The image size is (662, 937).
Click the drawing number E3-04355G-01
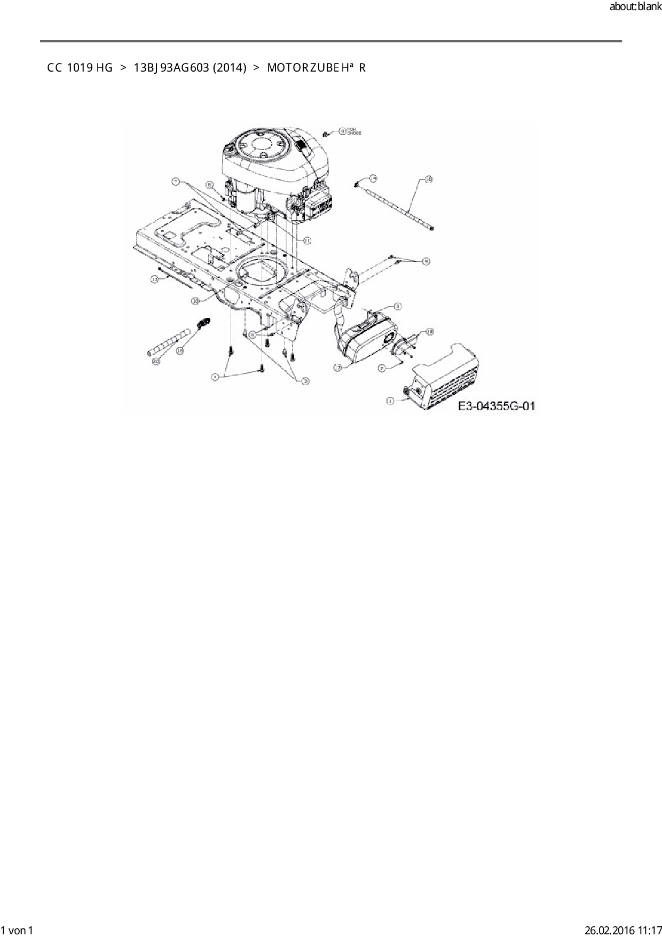496,407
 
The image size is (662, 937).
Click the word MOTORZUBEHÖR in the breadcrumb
316,68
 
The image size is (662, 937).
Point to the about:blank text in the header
635,8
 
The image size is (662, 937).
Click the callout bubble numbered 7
175,182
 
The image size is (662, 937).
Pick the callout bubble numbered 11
308,241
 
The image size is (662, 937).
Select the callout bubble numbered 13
155,279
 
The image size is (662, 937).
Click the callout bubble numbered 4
215,377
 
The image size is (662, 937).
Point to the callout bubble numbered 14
373,178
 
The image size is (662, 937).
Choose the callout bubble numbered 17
337,367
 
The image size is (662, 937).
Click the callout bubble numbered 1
390,400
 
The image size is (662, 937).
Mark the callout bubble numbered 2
382,368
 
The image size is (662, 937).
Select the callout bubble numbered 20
156,362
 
